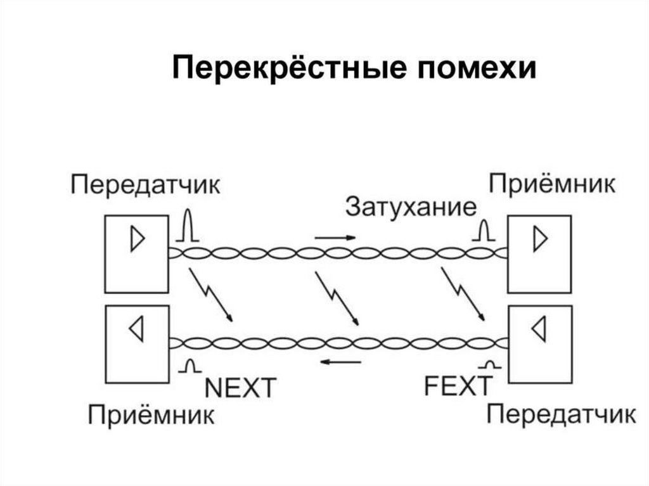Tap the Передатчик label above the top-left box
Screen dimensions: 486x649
(x=145, y=186)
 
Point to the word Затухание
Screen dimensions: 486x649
(x=410, y=207)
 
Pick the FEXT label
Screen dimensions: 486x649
(x=458, y=386)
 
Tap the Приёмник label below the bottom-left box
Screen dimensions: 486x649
(x=151, y=416)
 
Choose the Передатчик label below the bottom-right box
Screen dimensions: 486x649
(x=561, y=414)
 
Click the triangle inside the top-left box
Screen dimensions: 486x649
(x=137, y=240)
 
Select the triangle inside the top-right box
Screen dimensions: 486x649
(x=539, y=240)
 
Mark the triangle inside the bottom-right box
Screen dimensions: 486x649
(x=539, y=329)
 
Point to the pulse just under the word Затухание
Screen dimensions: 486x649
(x=484, y=232)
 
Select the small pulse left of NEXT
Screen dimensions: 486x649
(x=191, y=366)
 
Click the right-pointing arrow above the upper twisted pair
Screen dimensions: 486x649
(x=335, y=238)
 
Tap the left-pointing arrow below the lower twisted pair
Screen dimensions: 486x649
(x=340, y=362)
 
